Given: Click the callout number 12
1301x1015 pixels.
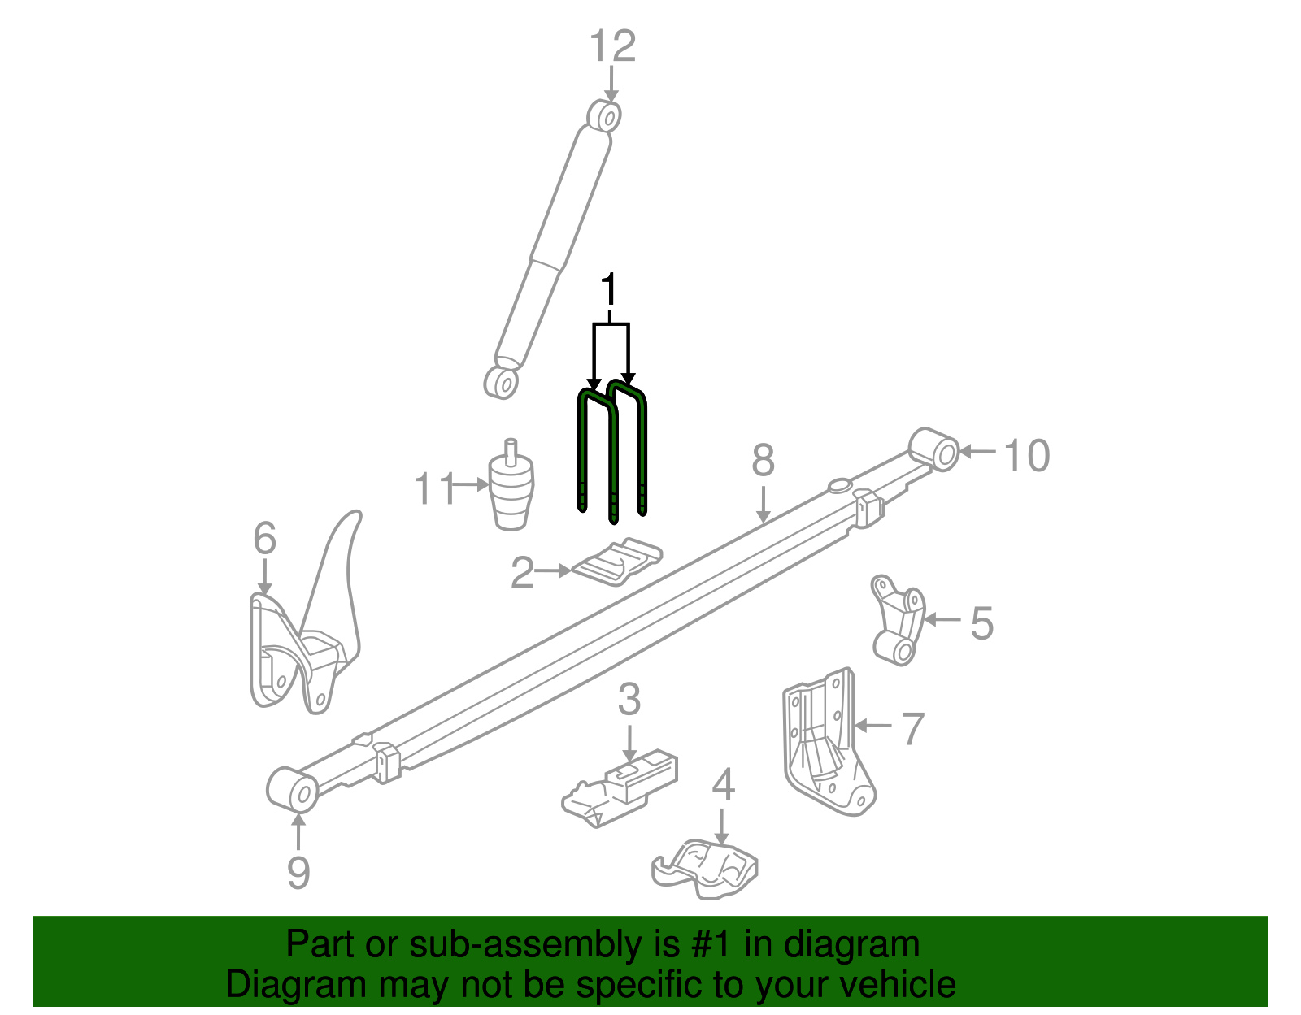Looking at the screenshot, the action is point(612,46).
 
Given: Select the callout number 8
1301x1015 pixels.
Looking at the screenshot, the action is point(763,460).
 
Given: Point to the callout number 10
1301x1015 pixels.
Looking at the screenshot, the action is point(1026,456).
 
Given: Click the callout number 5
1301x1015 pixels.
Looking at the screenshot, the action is point(982,623).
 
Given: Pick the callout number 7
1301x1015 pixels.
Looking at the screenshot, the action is point(912,728).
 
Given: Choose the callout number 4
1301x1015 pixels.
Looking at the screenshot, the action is point(723,784).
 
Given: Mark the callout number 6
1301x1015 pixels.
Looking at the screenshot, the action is point(264,538).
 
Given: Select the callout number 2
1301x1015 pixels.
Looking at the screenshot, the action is point(522,572).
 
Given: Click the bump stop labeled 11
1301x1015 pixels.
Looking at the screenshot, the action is point(511,486).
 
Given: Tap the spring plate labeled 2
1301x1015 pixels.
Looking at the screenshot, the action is point(617,562).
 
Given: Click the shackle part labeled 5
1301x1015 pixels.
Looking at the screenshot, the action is point(898,620).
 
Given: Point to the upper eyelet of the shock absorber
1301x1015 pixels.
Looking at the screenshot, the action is point(603,116).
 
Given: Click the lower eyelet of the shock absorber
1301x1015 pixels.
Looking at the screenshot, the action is point(501,382).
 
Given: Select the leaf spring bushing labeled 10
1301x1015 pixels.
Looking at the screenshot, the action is point(934,449).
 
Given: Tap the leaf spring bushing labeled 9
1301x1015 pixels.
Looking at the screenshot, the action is point(292,790).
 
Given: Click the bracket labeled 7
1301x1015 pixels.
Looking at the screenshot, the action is point(829,742).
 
